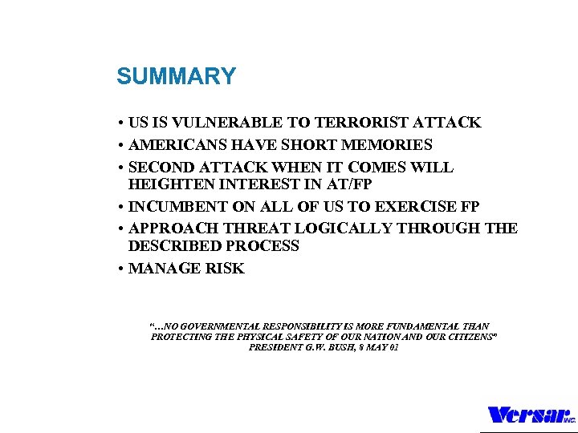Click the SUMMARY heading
(x=176, y=77)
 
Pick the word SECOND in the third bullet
(x=162, y=168)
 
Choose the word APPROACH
(x=171, y=229)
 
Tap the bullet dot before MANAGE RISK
(x=119, y=269)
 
